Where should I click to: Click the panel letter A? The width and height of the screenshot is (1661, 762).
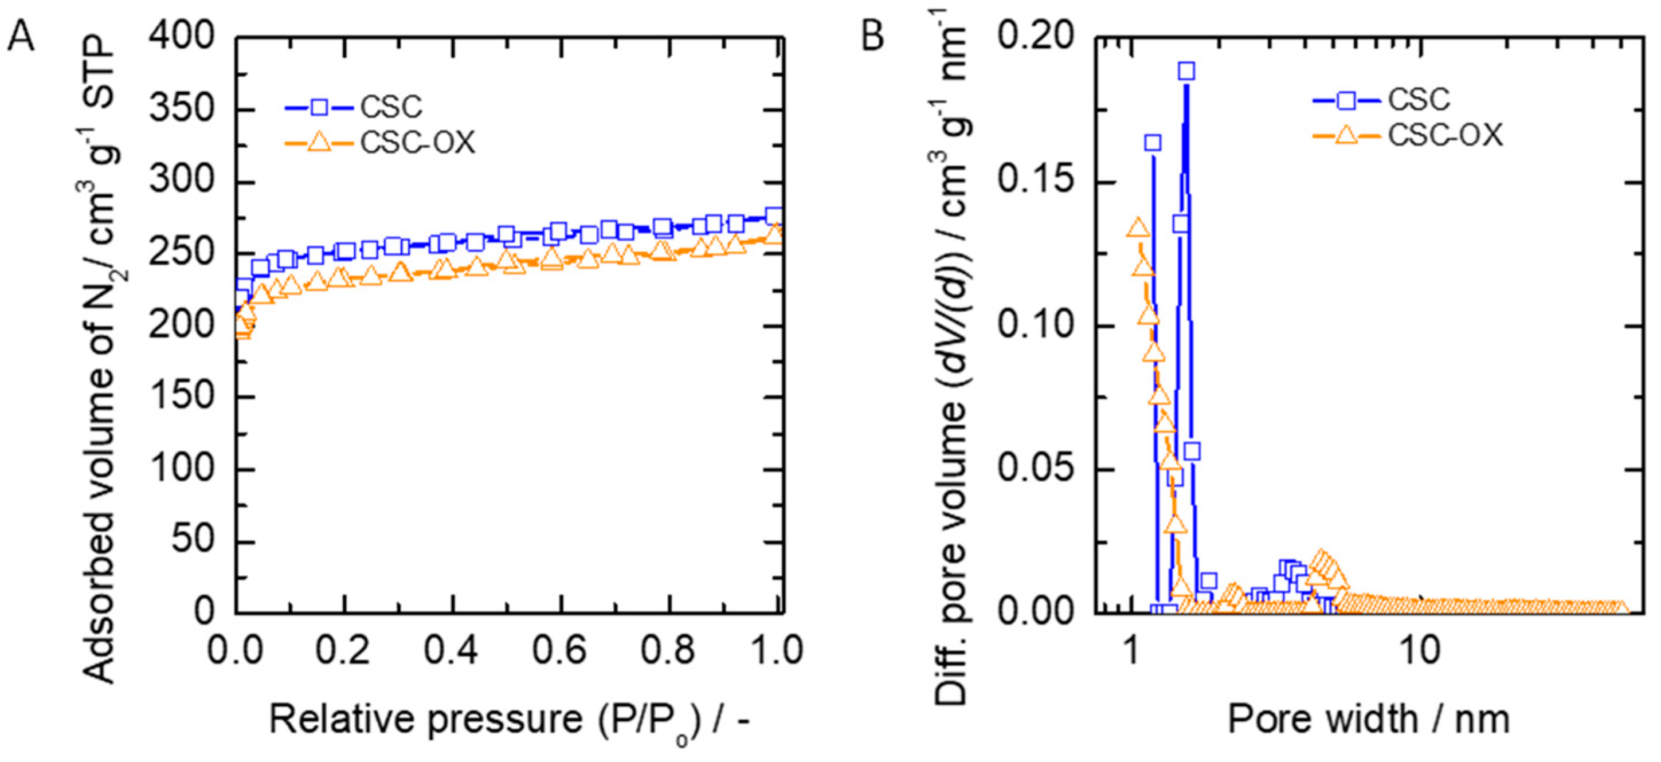21,37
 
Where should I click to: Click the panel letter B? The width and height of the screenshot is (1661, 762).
872,37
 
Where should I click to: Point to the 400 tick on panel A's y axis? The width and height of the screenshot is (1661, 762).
182,37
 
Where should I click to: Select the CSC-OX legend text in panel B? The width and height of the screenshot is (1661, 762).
1445,135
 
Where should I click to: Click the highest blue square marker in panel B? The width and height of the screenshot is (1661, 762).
1186,71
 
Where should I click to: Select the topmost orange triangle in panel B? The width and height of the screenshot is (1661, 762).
1137,228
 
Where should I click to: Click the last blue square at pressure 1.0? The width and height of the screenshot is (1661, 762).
774,215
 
